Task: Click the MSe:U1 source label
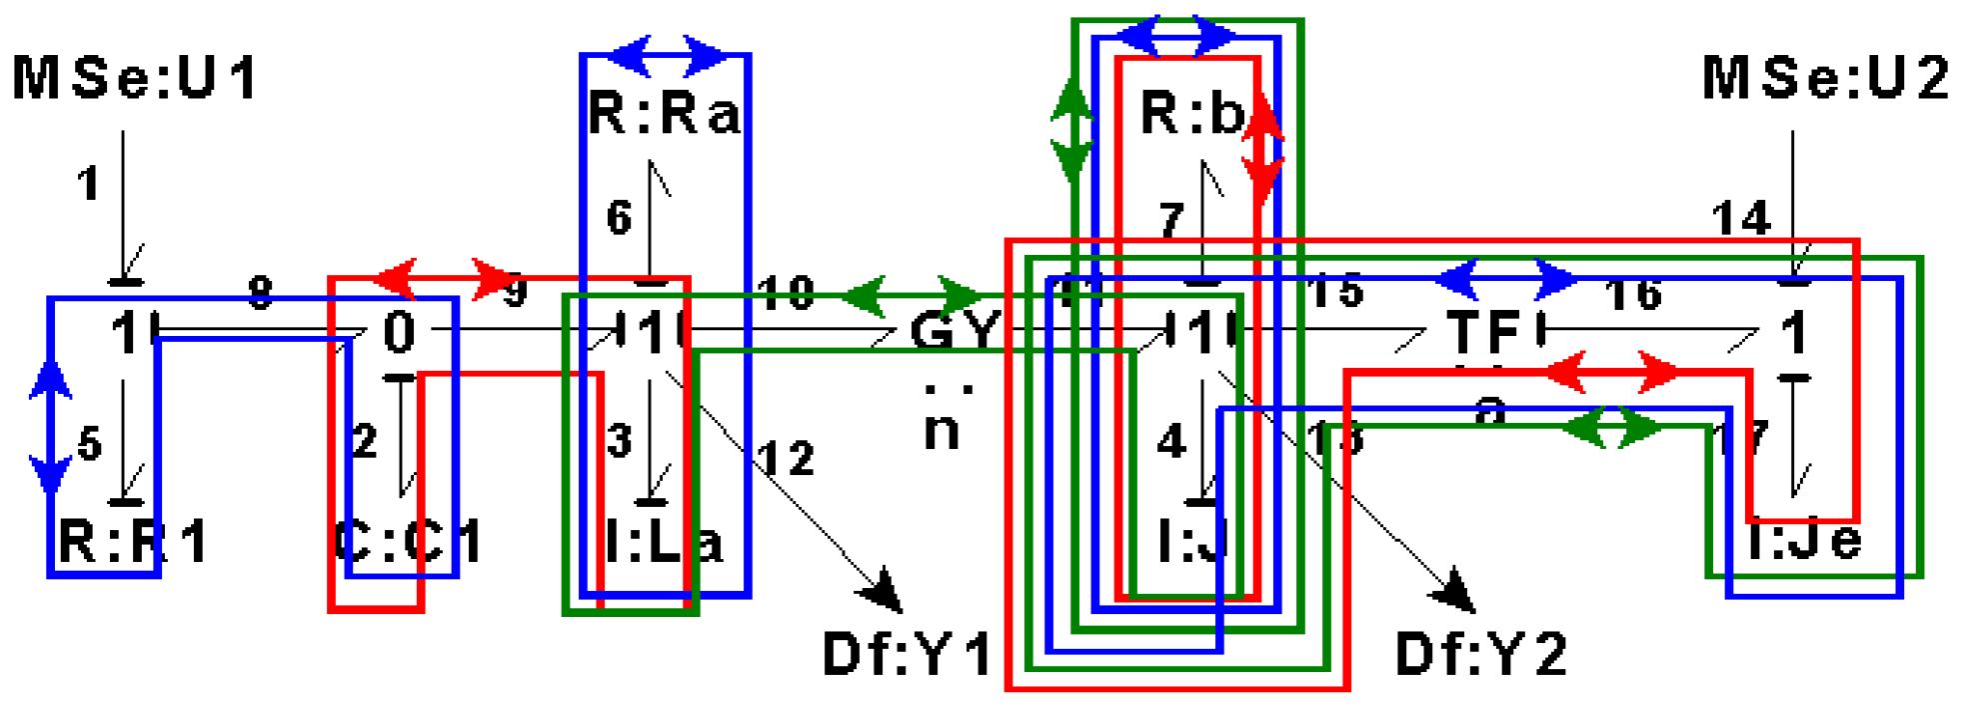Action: (135, 78)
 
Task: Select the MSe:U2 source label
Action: (1825, 78)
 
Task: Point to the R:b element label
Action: (1192, 112)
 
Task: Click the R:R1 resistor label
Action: (133, 542)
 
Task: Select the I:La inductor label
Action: (664, 542)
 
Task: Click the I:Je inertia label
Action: (1805, 540)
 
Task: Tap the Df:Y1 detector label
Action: (907, 655)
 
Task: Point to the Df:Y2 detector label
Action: (1480, 655)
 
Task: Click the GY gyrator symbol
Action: (955, 331)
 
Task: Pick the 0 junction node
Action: (399, 332)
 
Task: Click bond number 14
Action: (1741, 218)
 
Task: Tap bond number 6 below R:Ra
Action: (620, 217)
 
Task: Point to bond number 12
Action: (786, 459)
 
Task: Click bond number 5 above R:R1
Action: (90, 443)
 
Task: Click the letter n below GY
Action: (942, 430)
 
